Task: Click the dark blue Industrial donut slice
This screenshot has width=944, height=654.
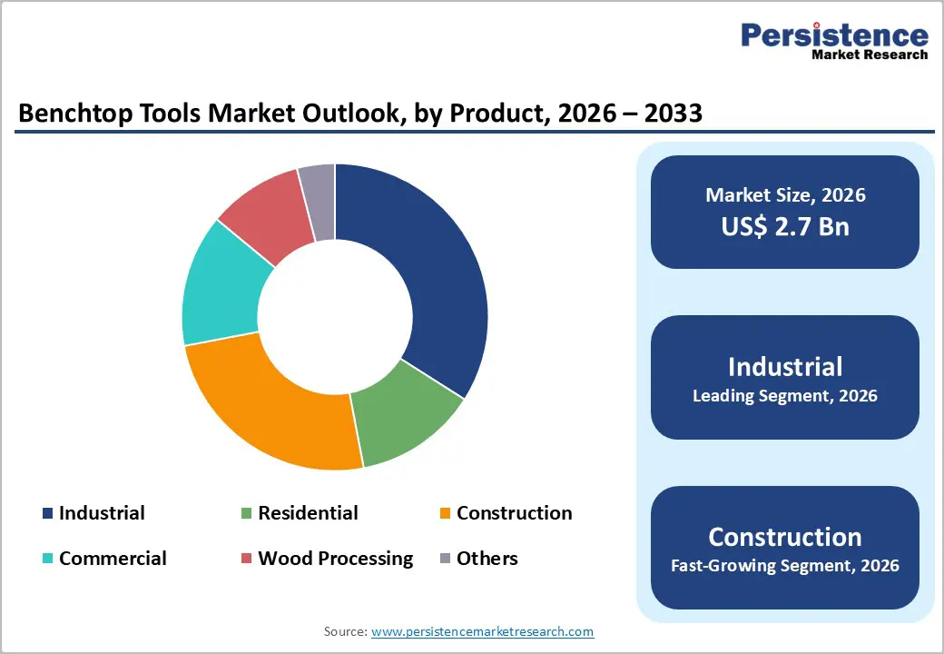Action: pyautogui.click(x=427, y=272)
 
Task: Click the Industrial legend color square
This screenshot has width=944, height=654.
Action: pyautogui.click(x=47, y=514)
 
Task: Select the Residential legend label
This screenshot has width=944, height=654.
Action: pyautogui.click(x=308, y=513)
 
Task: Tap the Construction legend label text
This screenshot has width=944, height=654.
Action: pyautogui.click(x=514, y=513)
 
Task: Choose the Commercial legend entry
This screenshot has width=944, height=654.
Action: pyautogui.click(x=113, y=559)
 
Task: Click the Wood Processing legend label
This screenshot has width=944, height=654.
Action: pyautogui.click(x=335, y=559)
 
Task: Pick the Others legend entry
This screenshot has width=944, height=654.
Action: pyautogui.click(x=487, y=559)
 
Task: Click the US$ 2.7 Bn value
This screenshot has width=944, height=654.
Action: pyautogui.click(x=785, y=226)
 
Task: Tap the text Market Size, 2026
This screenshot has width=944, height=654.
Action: pyautogui.click(x=785, y=195)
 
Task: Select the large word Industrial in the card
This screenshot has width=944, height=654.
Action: pyautogui.click(x=785, y=366)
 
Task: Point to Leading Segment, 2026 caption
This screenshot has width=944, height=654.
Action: pyautogui.click(x=785, y=396)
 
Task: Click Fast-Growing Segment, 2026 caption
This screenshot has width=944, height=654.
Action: pyautogui.click(x=785, y=566)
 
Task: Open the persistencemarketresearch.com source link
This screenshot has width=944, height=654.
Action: pyautogui.click(x=482, y=631)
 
